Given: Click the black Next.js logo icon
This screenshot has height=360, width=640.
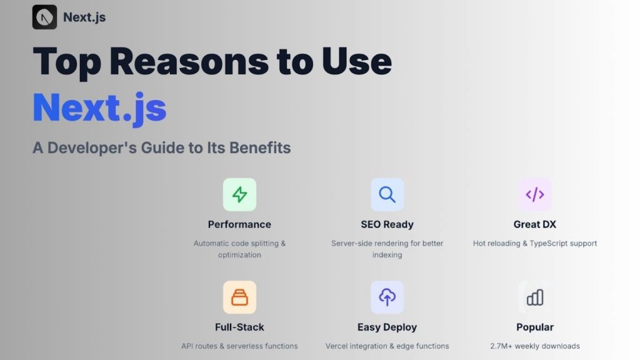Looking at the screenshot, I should pos(44,17).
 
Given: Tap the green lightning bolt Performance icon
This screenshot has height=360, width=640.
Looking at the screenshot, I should pos(239,194).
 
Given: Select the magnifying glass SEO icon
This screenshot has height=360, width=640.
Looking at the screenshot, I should pos(387,194).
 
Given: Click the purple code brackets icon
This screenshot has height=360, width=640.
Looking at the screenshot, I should pos(534,194).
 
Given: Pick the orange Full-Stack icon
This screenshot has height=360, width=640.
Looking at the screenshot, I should pos(239,297).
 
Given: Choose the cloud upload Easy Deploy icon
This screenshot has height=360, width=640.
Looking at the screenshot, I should pos(387,297).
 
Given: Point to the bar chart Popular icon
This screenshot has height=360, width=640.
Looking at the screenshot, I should pos(534,297).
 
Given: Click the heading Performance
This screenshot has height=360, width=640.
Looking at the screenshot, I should pos(239,224).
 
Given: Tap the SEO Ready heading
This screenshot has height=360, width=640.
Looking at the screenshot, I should pos(387,224).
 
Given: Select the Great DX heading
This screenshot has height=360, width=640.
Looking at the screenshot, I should pos(534,224).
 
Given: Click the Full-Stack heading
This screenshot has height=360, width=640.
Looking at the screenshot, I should pos(239,327).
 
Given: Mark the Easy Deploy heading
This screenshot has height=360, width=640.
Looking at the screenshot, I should pos(387,327).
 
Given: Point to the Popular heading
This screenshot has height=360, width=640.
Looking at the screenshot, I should pos(534,327).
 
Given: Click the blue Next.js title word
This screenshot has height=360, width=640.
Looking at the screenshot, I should pos(99,107).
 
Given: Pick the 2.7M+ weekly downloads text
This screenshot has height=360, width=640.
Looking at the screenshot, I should pos(534,346).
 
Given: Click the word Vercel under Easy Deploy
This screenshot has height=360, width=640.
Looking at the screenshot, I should pos(338,346).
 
